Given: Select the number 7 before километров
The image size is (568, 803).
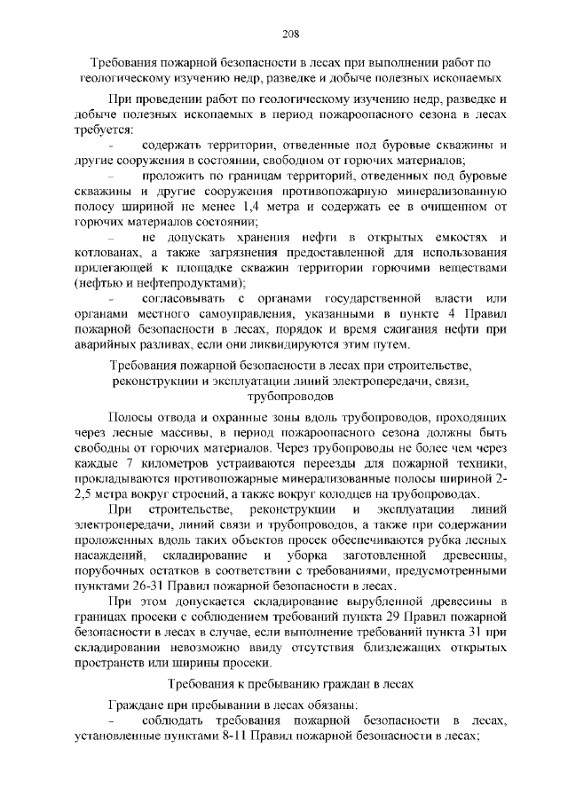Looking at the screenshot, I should (x=131, y=465).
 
